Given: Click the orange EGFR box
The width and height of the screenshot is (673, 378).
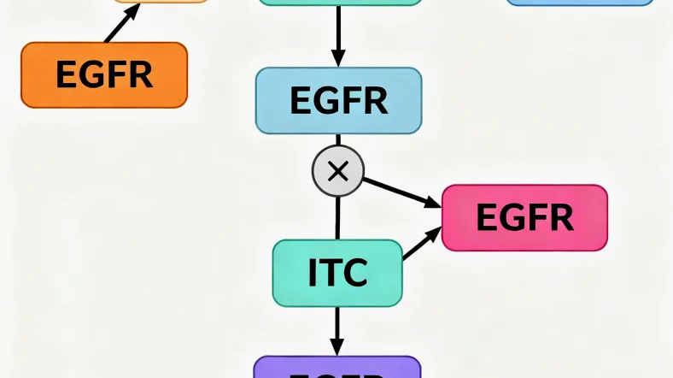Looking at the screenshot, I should [x=103, y=75].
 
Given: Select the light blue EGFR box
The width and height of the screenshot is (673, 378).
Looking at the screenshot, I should [x=338, y=100].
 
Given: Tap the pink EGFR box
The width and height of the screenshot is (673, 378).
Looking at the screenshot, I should [x=524, y=217].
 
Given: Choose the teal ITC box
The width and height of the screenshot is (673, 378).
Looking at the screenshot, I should [x=337, y=273].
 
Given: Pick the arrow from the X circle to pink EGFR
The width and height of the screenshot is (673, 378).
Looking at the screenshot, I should [x=401, y=192].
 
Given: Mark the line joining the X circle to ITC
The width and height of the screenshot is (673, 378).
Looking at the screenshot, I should [x=338, y=217].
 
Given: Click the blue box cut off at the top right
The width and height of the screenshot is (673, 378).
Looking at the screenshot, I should [x=580, y=3].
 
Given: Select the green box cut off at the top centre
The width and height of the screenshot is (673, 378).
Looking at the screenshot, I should [x=338, y=3].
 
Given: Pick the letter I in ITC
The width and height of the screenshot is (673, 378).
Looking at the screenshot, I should [x=313, y=273].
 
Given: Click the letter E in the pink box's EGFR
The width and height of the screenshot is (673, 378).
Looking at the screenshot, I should [x=485, y=217].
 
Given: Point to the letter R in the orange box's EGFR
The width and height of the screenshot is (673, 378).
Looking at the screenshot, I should [x=141, y=75].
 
